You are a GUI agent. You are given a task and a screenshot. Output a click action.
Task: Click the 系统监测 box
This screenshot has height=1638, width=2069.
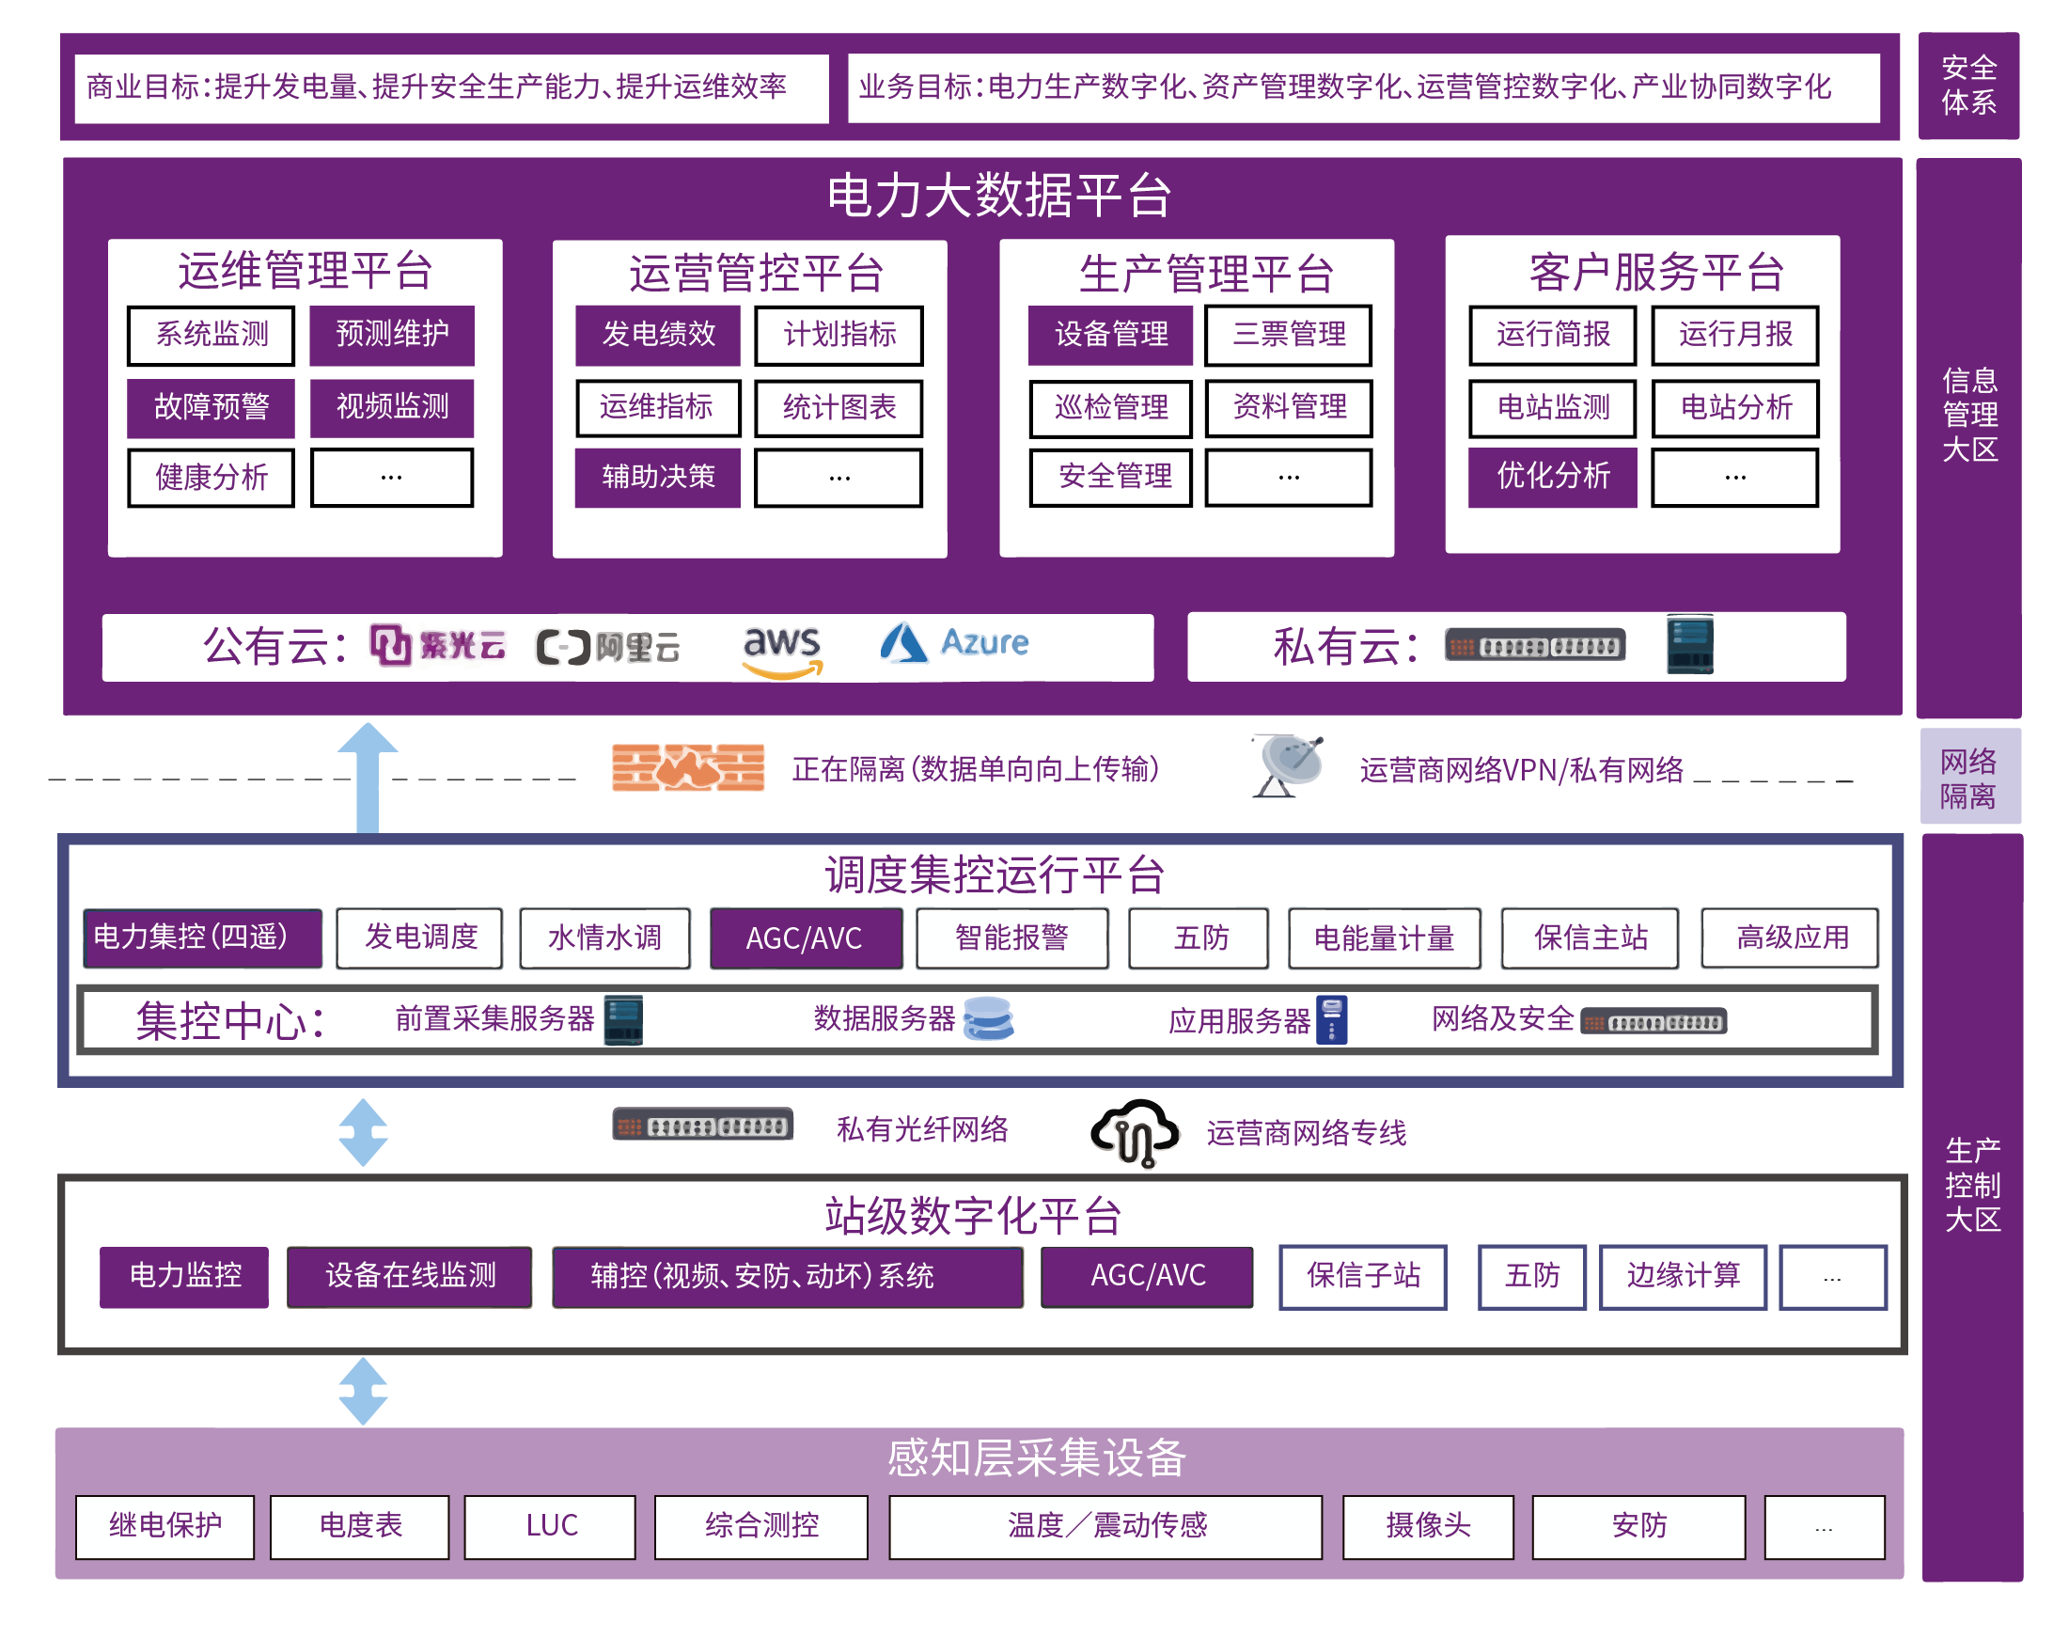pos(211,335)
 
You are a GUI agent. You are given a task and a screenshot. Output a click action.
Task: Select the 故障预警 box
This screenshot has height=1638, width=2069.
pos(211,407)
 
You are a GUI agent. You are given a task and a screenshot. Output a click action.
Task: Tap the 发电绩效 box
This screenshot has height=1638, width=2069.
pos(658,335)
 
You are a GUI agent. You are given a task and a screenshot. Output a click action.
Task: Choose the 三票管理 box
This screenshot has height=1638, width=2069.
pos(1289,335)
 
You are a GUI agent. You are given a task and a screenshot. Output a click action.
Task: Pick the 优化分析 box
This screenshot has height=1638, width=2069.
pos(1552,476)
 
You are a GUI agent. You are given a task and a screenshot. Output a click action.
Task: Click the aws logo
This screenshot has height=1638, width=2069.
pos(782,648)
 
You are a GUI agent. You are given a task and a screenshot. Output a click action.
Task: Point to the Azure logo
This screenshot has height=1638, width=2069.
pos(954,642)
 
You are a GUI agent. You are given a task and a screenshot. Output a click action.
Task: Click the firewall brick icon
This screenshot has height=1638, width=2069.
pos(688,767)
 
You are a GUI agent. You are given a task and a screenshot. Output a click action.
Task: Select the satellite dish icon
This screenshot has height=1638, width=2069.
pos(1287,764)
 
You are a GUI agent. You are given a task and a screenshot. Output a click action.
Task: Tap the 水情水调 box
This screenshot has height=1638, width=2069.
pos(605,937)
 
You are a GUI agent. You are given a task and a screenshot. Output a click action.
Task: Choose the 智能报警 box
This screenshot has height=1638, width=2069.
pos(1011,937)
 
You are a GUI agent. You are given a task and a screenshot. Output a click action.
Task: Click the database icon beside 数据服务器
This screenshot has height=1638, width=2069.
pos(988,1018)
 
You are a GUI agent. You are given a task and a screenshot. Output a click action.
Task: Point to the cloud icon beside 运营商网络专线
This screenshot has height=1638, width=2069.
pos(1136,1131)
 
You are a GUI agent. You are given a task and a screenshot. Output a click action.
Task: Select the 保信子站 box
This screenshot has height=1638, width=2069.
pos(1362,1276)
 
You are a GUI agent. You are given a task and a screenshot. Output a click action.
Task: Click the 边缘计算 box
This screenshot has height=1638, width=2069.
pos(1683,1276)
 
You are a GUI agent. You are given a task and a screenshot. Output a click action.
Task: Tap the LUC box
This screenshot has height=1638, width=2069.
pos(550,1526)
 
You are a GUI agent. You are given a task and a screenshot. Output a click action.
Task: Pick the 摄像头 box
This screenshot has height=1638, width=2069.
pos(1428,1526)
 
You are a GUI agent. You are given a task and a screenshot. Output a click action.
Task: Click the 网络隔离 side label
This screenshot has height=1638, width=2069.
pos(1969,777)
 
